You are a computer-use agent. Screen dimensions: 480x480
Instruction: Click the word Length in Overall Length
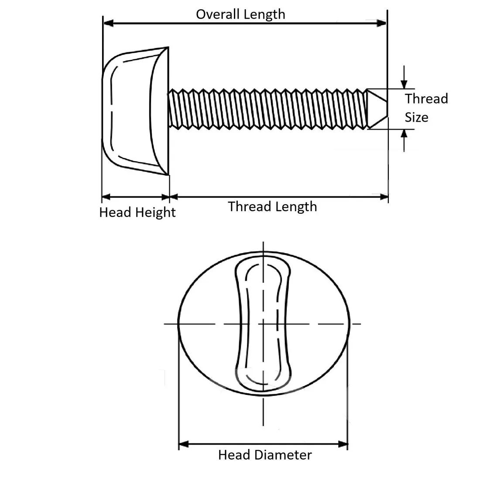click(264, 14)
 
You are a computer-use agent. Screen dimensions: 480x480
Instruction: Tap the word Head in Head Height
click(116, 213)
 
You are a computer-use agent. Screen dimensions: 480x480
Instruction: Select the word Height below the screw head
click(155, 213)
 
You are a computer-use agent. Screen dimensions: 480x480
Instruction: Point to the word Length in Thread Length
click(298, 206)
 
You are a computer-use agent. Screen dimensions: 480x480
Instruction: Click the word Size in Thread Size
click(416, 117)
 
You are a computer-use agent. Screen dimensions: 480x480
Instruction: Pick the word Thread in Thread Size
click(426, 99)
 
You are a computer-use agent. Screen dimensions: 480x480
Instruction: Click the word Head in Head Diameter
click(234, 455)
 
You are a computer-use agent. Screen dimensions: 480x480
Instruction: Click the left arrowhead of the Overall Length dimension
click(107, 22)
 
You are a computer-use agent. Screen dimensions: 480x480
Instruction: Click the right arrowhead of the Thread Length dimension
click(384, 197)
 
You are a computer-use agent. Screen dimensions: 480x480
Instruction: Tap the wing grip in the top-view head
click(263, 323)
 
